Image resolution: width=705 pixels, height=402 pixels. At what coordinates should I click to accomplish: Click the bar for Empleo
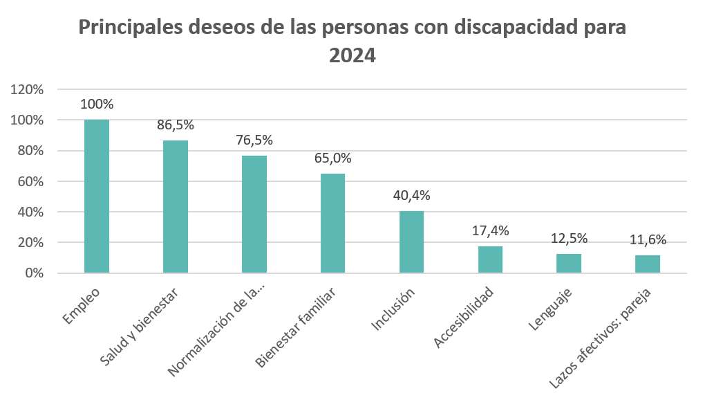(x=97, y=197)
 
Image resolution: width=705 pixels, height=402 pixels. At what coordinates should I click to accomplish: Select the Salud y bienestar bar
(x=176, y=207)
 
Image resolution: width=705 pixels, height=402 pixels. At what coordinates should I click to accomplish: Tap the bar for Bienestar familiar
(x=332, y=223)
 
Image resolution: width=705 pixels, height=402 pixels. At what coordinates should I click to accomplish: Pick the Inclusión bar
(x=411, y=242)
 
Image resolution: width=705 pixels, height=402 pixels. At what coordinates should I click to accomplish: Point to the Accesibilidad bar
(x=490, y=259)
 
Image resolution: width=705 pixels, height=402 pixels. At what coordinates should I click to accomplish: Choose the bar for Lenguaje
(x=569, y=264)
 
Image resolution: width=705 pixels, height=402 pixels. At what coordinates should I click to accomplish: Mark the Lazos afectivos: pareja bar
(x=648, y=264)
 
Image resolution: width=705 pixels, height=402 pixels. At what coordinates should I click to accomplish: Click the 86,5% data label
(x=176, y=126)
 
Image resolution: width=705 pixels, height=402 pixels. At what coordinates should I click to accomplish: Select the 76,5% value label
(x=254, y=140)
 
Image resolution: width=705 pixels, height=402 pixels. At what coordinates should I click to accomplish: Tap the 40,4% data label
(x=411, y=196)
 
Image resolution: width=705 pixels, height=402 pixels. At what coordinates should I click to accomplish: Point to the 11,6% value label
(x=648, y=240)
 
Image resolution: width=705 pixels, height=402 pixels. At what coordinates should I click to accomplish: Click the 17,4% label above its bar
(x=490, y=231)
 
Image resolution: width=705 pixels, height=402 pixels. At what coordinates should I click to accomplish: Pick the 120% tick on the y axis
(x=28, y=89)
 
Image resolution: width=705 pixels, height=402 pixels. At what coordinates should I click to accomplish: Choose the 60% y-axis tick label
(x=30, y=181)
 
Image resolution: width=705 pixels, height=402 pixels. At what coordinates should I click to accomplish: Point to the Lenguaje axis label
(x=553, y=306)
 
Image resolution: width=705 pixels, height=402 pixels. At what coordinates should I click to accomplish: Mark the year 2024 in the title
(x=352, y=55)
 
